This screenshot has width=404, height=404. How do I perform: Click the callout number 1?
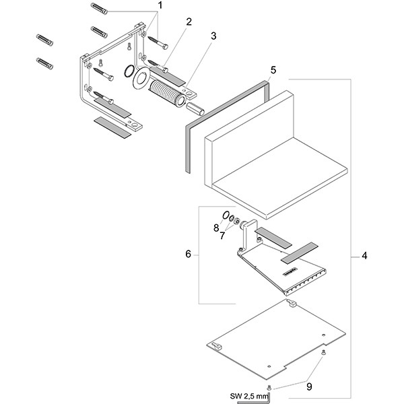tap(160, 5)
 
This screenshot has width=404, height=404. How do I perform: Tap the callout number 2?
tap(189, 21)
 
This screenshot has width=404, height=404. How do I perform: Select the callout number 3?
tap(213, 36)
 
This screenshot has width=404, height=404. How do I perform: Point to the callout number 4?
tap(364, 256)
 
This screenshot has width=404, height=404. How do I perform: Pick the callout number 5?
tap(273, 70)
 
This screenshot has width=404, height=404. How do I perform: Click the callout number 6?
tap(189, 254)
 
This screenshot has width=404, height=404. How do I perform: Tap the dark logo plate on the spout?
tap(288, 272)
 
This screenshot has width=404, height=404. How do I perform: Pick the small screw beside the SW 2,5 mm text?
tap(269, 386)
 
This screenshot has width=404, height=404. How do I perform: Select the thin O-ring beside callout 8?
tap(227, 218)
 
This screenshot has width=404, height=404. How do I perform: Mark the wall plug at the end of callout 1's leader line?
tap(99, 10)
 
